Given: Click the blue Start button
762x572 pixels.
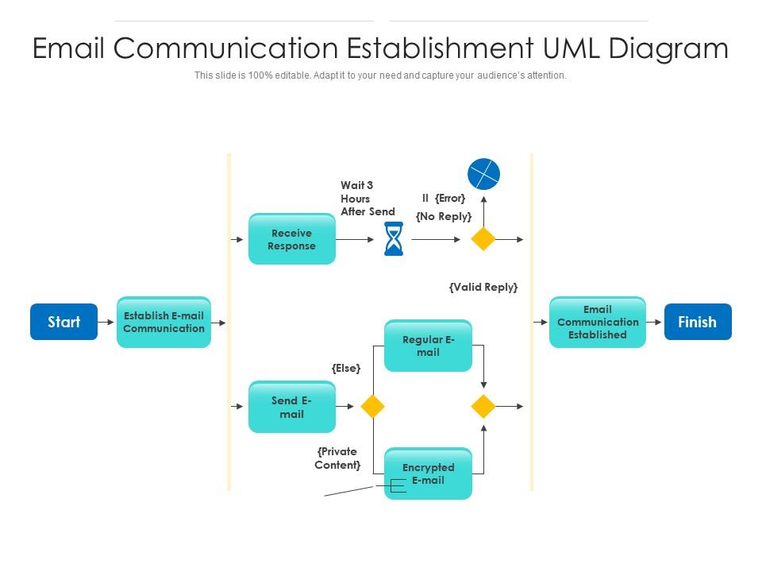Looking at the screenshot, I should [63, 322].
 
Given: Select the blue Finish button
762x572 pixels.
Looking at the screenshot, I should [697, 322].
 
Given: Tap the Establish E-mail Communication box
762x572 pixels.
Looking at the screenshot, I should [164, 322].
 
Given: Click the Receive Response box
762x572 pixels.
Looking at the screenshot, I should [291, 239].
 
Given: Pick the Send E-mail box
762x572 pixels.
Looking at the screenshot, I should [291, 407].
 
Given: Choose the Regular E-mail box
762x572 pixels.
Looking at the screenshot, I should [428, 346].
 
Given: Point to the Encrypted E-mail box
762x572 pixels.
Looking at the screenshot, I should [428, 473].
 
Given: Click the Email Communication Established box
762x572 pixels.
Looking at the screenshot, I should [597, 322].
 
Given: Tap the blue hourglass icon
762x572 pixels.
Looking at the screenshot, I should [394, 239].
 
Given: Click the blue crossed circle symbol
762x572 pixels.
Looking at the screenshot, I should [483, 174].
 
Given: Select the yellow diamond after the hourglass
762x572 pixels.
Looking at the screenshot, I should [483, 239].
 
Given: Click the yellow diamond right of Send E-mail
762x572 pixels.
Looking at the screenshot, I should [372, 407].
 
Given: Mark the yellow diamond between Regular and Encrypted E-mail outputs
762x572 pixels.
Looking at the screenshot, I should [483, 407].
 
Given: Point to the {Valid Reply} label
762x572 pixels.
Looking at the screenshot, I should [483, 288].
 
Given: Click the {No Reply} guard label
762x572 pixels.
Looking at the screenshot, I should [444, 216].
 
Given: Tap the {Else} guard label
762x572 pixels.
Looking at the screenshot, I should [346, 369].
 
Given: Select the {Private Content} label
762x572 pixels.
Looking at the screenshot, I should [338, 458].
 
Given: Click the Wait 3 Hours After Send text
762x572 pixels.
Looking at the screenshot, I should [367, 199].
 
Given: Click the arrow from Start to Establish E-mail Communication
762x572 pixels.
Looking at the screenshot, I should [106, 322].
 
